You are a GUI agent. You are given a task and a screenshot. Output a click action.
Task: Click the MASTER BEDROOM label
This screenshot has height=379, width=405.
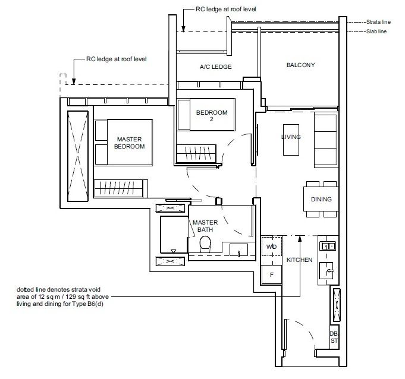tap(130, 143)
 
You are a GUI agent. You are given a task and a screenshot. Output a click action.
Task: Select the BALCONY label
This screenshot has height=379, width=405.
tap(300, 65)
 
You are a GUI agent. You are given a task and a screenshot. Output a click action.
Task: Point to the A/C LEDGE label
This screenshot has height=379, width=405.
tap(215, 67)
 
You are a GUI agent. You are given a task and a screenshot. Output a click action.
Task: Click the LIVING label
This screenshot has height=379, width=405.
tap(291, 137)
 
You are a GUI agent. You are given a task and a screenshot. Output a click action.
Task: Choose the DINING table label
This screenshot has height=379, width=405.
tap(321, 200)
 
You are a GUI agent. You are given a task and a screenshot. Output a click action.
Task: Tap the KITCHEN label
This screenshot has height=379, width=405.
tap(299, 260)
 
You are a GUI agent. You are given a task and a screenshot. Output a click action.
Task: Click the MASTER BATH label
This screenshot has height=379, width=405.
tap(204, 226)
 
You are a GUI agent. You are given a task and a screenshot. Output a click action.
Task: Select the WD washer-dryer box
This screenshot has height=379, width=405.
tap(271, 247)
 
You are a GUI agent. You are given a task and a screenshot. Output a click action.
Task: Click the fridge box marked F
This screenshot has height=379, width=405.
tap(271, 275)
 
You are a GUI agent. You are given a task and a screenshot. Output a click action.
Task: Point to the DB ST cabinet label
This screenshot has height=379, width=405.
tap(334, 337)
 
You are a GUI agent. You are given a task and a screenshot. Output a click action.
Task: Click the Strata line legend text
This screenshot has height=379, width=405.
tap(378, 21)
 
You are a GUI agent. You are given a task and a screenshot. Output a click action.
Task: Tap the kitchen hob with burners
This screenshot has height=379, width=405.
tap(328, 245)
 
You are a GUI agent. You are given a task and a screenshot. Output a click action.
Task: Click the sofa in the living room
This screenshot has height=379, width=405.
tap(325, 140)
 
